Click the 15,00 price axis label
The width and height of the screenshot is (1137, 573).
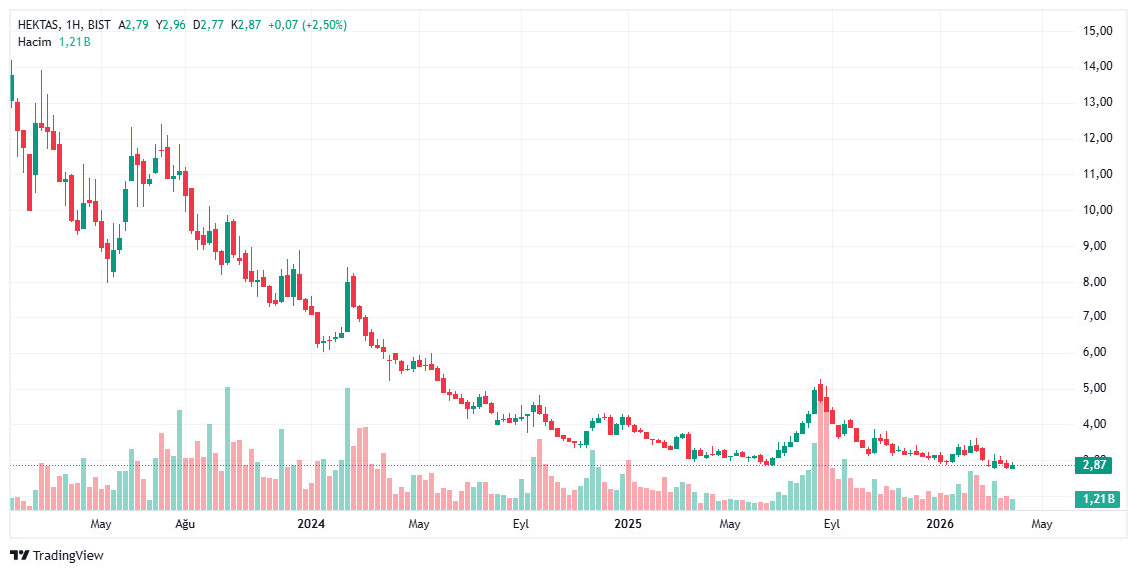click(1098, 31)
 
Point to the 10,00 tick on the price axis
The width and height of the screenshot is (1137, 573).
click(1098, 210)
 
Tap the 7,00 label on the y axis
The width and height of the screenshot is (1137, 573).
click(1098, 316)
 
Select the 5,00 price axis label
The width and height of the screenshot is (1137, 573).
click(1098, 388)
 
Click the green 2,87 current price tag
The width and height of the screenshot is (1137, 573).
click(1095, 465)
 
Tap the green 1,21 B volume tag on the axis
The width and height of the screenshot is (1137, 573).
click(1095, 499)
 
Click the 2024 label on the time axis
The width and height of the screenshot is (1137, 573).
click(311, 524)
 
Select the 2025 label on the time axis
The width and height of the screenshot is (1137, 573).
click(627, 524)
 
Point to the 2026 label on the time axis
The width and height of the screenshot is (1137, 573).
click(939, 524)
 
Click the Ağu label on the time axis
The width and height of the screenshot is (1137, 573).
click(185, 524)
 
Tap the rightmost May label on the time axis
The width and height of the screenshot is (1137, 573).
click(1041, 524)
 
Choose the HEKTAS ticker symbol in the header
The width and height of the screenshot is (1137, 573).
click(41, 25)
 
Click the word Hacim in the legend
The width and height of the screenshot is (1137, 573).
click(34, 42)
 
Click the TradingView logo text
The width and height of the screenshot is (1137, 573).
click(67, 555)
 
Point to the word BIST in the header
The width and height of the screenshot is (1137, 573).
click(98, 25)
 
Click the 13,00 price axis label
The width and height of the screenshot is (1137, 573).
click(1098, 102)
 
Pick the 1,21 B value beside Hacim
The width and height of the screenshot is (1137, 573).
click(74, 42)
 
